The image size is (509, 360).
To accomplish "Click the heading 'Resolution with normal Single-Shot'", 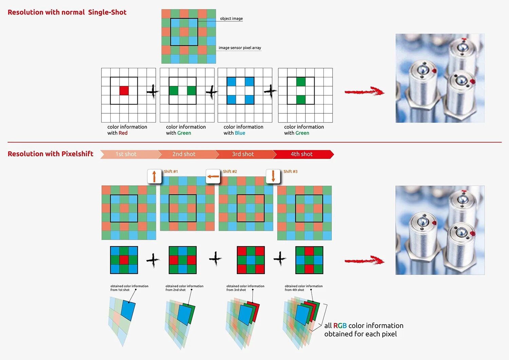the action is (x=67, y=12).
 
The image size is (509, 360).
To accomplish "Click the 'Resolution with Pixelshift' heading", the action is (x=50, y=154).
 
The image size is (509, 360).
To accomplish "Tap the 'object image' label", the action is (x=231, y=19).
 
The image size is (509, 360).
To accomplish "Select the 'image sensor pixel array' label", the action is (x=240, y=48).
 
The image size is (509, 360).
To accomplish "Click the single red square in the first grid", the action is (x=124, y=91).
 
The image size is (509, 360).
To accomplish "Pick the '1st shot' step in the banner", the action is (x=126, y=154).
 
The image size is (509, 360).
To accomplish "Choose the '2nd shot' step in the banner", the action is (x=184, y=154).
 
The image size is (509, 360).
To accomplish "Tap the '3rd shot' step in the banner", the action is (x=243, y=154).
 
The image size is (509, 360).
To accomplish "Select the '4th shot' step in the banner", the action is (x=302, y=154).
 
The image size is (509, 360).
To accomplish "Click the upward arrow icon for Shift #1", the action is (x=154, y=176).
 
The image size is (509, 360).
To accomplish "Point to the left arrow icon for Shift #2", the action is (x=213, y=176).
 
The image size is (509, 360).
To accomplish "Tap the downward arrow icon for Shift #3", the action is (x=273, y=176).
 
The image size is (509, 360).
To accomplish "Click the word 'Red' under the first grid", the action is (x=123, y=133).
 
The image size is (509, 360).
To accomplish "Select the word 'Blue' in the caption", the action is (x=240, y=133).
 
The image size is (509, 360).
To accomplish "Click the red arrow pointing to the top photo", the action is (x=364, y=91).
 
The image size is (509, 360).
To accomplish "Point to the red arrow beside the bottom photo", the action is (x=364, y=261).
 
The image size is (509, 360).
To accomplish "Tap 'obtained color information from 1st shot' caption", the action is (x=129, y=288).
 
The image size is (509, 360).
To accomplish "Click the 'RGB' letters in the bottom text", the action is (x=340, y=326).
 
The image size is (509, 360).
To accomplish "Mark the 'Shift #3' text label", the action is (x=290, y=172).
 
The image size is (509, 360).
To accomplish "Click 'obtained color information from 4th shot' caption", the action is (x=304, y=288).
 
